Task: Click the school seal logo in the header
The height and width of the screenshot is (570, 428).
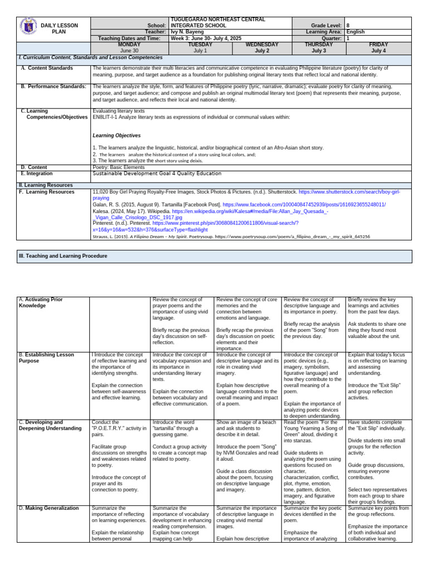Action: tap(28, 26)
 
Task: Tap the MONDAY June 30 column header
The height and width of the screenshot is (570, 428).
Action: tap(121, 47)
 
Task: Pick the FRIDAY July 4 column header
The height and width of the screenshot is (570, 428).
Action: tap(378, 47)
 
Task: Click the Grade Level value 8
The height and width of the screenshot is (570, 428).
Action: tap(348, 26)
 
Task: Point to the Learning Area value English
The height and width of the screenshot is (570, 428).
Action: tap(356, 32)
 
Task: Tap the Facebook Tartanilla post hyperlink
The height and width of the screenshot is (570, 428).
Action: tap(304, 204)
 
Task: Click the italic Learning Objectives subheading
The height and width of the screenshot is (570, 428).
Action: tap(116, 135)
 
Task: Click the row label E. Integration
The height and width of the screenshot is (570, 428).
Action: tap(39, 173)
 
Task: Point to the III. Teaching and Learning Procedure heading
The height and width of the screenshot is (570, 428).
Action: tap(63, 256)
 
